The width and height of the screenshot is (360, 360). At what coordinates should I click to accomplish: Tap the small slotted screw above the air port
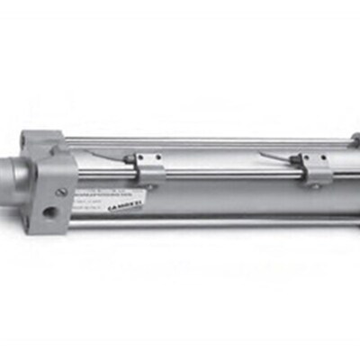61,190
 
